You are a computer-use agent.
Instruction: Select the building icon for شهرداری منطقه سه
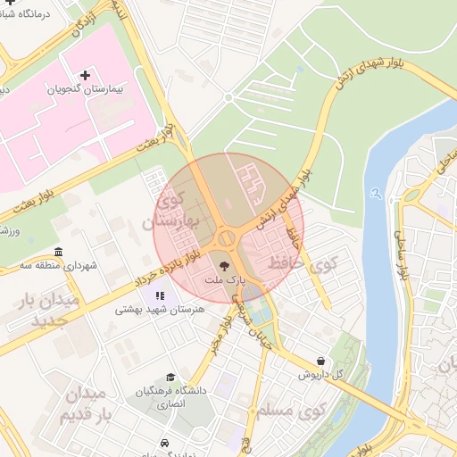[59, 251]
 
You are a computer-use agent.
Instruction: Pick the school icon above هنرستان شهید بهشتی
[160, 295]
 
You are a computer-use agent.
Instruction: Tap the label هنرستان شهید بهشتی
[161, 310]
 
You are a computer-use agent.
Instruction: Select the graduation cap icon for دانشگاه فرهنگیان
[170, 378]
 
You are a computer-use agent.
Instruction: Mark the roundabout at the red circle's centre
[227, 237]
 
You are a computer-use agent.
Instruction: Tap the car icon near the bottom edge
[165, 443]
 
